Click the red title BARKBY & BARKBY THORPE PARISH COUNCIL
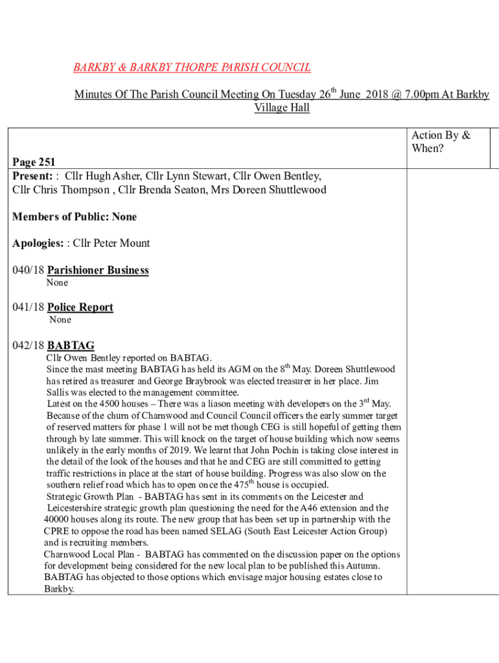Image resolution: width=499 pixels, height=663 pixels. (192, 67)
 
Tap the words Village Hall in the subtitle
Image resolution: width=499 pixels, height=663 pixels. (281, 107)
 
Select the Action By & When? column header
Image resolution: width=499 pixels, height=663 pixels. (441, 141)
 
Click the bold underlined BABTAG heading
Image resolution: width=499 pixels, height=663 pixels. (71, 346)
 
